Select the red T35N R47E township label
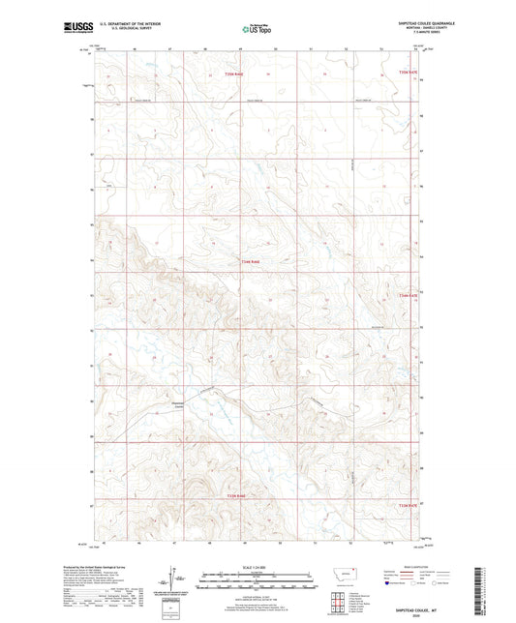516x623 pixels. pos(400,70)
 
